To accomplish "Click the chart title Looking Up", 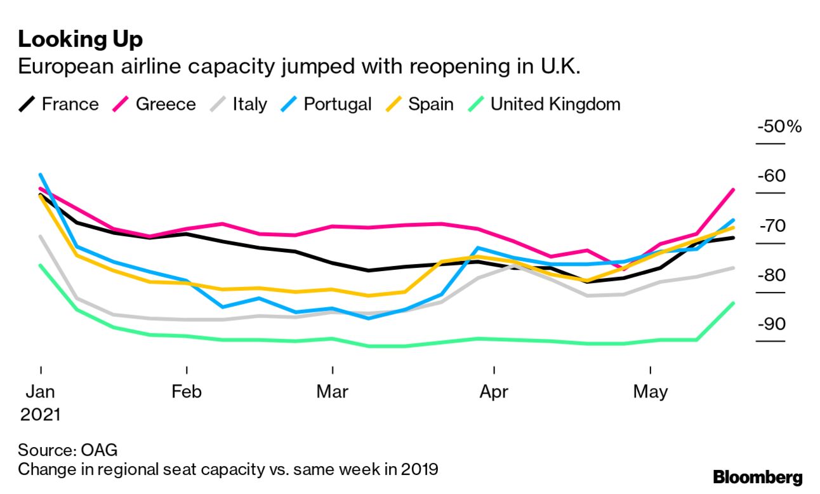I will pyautogui.click(x=81, y=39).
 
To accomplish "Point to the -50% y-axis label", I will pyautogui.click(x=779, y=126).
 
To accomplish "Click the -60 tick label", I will pyautogui.click(x=770, y=176).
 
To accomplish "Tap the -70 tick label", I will pyautogui.click(x=770, y=226).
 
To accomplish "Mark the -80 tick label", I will pyautogui.click(x=770, y=276).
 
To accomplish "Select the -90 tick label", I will pyautogui.click(x=770, y=324).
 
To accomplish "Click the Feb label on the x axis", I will pyautogui.click(x=187, y=392).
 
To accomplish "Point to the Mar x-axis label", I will pyautogui.click(x=333, y=392).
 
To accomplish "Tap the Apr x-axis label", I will pyautogui.click(x=494, y=392).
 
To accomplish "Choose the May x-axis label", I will pyautogui.click(x=651, y=392).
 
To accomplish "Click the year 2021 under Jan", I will pyautogui.click(x=40, y=415).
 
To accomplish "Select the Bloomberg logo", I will pyautogui.click(x=757, y=477).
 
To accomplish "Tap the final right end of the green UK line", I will pyautogui.click(x=734, y=303).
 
